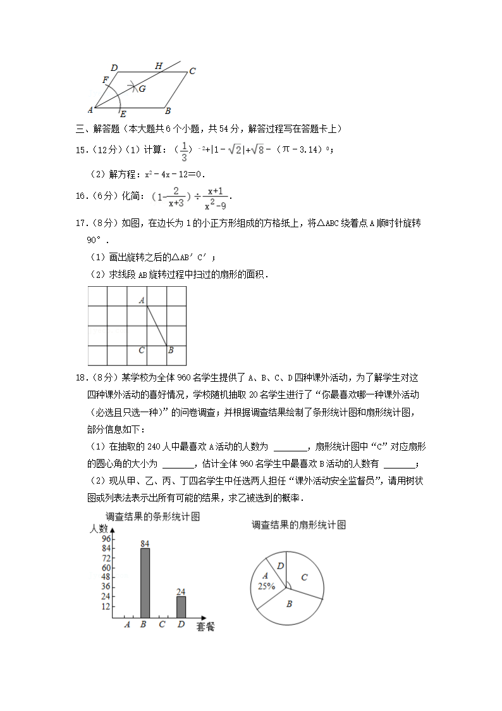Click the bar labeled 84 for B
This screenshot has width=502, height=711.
[145, 582]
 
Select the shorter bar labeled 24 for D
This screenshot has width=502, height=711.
[181, 607]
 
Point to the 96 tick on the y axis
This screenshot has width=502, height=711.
[106, 539]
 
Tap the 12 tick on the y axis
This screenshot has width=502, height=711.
[106, 607]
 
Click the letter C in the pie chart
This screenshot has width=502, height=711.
[304, 577]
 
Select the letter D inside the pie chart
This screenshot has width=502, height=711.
[281, 565]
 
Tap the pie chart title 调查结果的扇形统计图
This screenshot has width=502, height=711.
[298, 525]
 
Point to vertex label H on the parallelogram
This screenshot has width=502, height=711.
[159, 66]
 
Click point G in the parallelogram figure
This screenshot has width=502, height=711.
[142, 89]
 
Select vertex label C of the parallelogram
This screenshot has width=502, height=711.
[192, 71]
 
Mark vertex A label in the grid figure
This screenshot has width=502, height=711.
[142, 301]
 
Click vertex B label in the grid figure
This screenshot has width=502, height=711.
[171, 350]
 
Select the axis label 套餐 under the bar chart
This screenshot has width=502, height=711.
[205, 627]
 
